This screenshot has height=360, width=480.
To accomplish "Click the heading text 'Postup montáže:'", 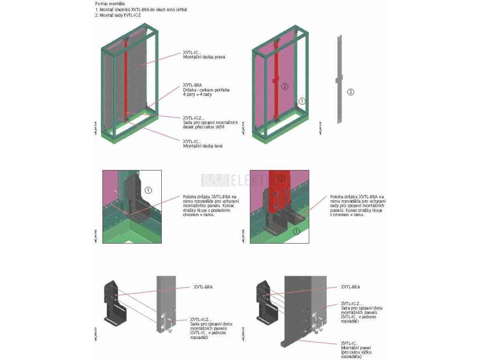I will coord(107,4).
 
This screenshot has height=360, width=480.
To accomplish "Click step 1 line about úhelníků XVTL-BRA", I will coord(141,9).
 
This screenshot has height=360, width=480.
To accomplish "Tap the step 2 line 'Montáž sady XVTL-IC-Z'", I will coord(118,15).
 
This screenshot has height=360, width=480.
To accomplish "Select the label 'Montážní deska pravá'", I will coord(204,57).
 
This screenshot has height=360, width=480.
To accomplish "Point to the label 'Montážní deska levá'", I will coord(202,146).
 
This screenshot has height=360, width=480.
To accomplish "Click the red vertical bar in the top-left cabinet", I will coord(126,80).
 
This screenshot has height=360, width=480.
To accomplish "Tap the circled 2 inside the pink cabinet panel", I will coord(284,86).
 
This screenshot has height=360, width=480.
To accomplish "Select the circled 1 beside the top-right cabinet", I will coord(302,100).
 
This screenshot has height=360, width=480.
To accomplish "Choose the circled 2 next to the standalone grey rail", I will coord(351,92).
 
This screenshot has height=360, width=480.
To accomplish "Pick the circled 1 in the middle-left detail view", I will coord(148,190).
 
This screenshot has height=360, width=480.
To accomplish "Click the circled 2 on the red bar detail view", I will coord(282,179).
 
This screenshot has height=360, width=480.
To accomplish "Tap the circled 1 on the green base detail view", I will coord(296,232).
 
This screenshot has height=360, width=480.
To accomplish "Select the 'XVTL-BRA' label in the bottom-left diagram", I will coord(203,287).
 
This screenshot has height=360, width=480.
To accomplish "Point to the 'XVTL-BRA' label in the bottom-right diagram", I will coord(350,287).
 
